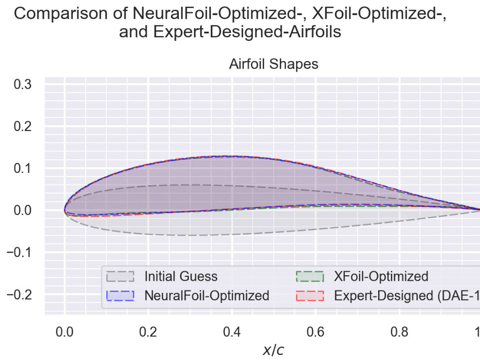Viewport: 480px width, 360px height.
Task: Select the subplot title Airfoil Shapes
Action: (x=274, y=65)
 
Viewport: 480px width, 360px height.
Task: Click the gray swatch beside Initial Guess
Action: (x=121, y=277)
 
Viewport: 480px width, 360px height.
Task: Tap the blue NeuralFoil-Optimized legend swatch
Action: (x=121, y=295)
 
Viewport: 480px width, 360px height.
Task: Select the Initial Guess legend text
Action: (x=181, y=277)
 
